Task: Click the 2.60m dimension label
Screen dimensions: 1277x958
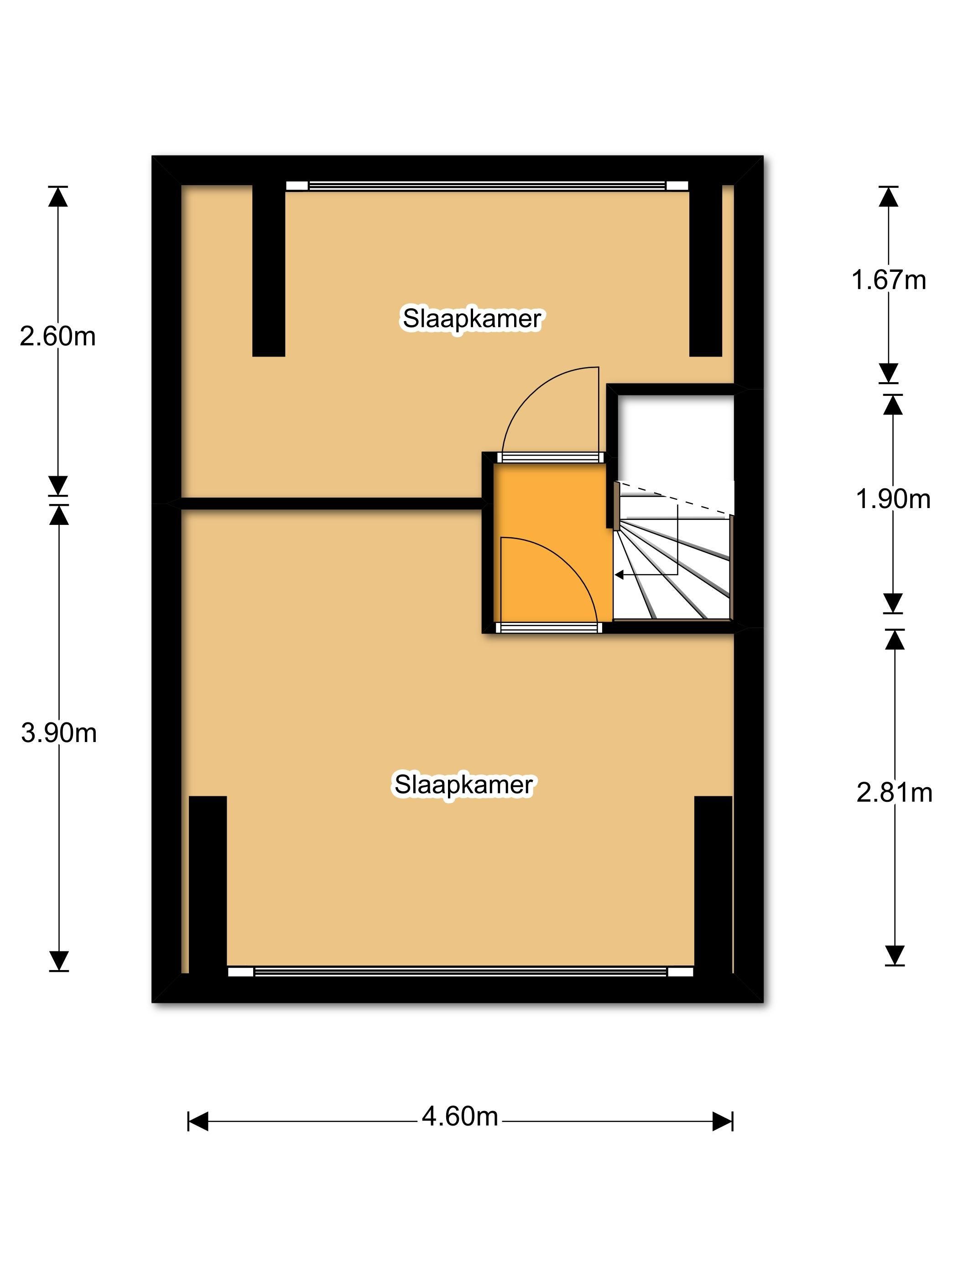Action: [58, 337]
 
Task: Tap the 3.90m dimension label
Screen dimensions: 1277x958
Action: [59, 733]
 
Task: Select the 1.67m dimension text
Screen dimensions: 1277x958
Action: [888, 280]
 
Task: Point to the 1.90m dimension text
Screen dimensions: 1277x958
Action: [893, 499]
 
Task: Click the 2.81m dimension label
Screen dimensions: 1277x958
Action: [894, 793]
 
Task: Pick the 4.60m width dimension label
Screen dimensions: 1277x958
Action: [460, 1117]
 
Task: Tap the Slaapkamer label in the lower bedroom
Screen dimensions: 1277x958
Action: [463, 784]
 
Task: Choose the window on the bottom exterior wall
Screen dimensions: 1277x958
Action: [460, 972]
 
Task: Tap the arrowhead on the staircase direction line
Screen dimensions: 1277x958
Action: [620, 575]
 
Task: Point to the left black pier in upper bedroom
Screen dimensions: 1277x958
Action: [269, 270]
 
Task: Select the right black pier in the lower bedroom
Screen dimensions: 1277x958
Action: [713, 883]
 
